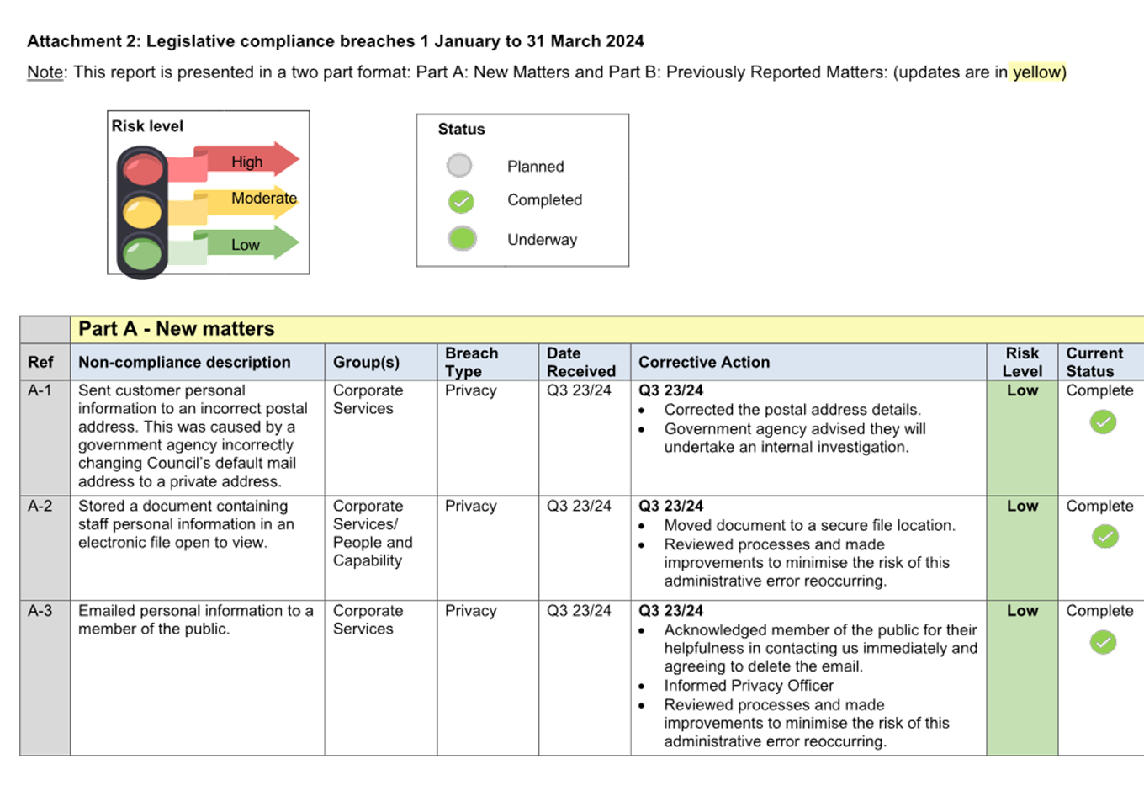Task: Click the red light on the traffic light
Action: click(143, 168)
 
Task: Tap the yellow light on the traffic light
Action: click(143, 211)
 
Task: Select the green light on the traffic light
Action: click(143, 252)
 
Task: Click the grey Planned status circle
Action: click(459, 166)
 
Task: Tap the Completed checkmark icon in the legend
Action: click(461, 201)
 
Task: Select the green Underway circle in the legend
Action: click(462, 239)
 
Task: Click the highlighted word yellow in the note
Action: click(1038, 72)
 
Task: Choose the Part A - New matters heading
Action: click(177, 329)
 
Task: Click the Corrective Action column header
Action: click(704, 362)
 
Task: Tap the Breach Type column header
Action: click(471, 362)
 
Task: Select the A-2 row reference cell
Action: click(40, 506)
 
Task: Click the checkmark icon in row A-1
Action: click(1103, 422)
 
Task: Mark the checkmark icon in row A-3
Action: click(1103, 642)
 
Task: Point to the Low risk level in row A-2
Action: click(1022, 506)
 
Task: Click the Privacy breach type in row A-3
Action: click(471, 611)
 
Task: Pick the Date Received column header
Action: click(580, 362)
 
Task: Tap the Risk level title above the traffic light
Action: click(148, 126)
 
